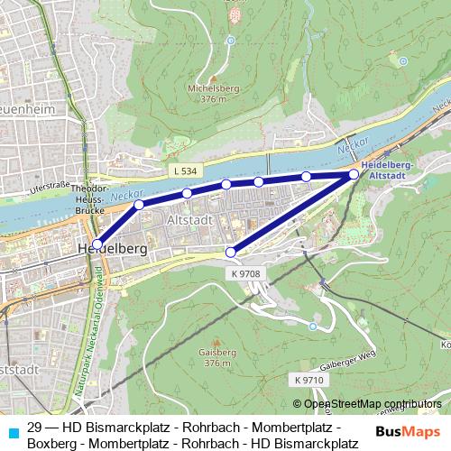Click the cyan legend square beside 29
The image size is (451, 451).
click(x=11, y=432)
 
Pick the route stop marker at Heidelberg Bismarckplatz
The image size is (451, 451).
click(x=97, y=244)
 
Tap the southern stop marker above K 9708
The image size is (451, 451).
click(x=231, y=252)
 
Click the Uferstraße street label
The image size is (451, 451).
click(x=50, y=187)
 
